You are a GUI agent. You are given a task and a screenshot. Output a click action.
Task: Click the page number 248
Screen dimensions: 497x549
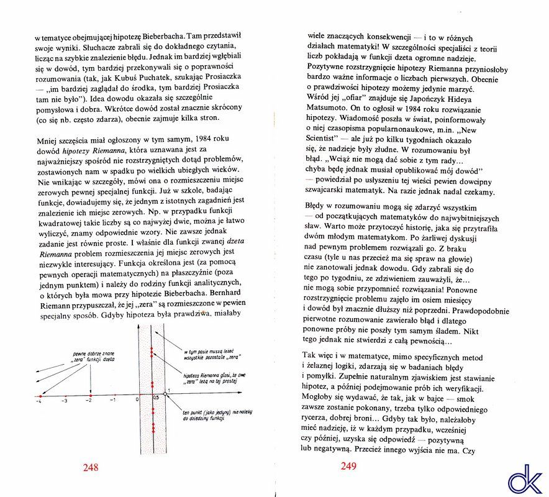(x=91, y=467)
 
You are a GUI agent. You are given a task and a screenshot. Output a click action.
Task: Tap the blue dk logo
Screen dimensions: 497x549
(x=524, y=479)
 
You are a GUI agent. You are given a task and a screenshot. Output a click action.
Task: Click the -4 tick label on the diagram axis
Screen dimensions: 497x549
(x=39, y=401)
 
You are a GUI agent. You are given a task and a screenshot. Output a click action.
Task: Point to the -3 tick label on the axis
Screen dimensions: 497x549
(x=64, y=401)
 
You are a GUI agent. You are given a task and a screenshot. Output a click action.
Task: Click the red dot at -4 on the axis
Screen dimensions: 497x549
(x=40, y=395)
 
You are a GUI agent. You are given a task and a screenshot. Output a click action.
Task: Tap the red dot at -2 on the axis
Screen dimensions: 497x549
(x=90, y=395)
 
